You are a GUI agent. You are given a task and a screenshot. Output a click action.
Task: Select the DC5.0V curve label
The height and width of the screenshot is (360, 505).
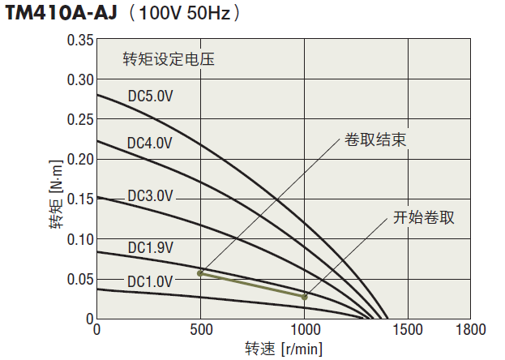click(x=151, y=96)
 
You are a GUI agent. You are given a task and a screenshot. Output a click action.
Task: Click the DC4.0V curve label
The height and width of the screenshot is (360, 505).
click(x=150, y=143)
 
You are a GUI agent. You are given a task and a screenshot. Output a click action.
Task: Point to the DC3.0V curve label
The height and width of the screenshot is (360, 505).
click(x=150, y=195)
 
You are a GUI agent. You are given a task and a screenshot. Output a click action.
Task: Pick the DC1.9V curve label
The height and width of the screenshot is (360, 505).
click(x=150, y=246)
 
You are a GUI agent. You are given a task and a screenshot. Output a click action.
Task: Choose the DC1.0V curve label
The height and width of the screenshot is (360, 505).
click(x=150, y=281)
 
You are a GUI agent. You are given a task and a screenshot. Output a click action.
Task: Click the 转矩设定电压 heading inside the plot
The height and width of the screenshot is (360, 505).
click(x=168, y=59)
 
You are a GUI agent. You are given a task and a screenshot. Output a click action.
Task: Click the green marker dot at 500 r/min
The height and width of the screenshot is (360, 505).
click(x=200, y=273)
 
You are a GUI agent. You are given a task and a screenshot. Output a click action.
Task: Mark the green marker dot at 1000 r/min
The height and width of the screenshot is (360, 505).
click(x=305, y=298)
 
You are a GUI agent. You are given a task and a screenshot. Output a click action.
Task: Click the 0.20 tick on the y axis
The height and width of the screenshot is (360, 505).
click(x=80, y=159)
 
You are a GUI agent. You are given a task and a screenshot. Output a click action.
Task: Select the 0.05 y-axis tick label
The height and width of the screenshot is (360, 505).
click(x=80, y=279)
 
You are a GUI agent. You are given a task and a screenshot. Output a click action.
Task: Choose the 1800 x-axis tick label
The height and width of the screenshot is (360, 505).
click(x=470, y=330)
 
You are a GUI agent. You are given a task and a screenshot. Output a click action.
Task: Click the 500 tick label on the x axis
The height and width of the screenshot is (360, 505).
click(x=201, y=330)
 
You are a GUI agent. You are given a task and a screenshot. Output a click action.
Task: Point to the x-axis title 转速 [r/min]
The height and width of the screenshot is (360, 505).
click(x=284, y=349)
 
